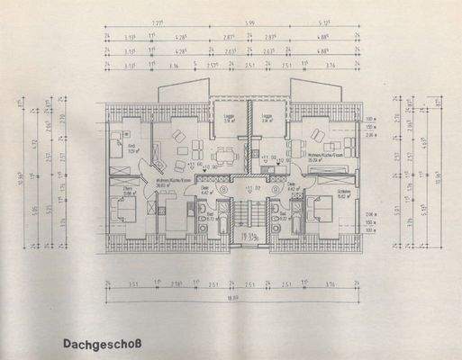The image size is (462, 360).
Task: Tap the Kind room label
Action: tap(131, 148)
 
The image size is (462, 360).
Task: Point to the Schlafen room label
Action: tap(344, 191)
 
